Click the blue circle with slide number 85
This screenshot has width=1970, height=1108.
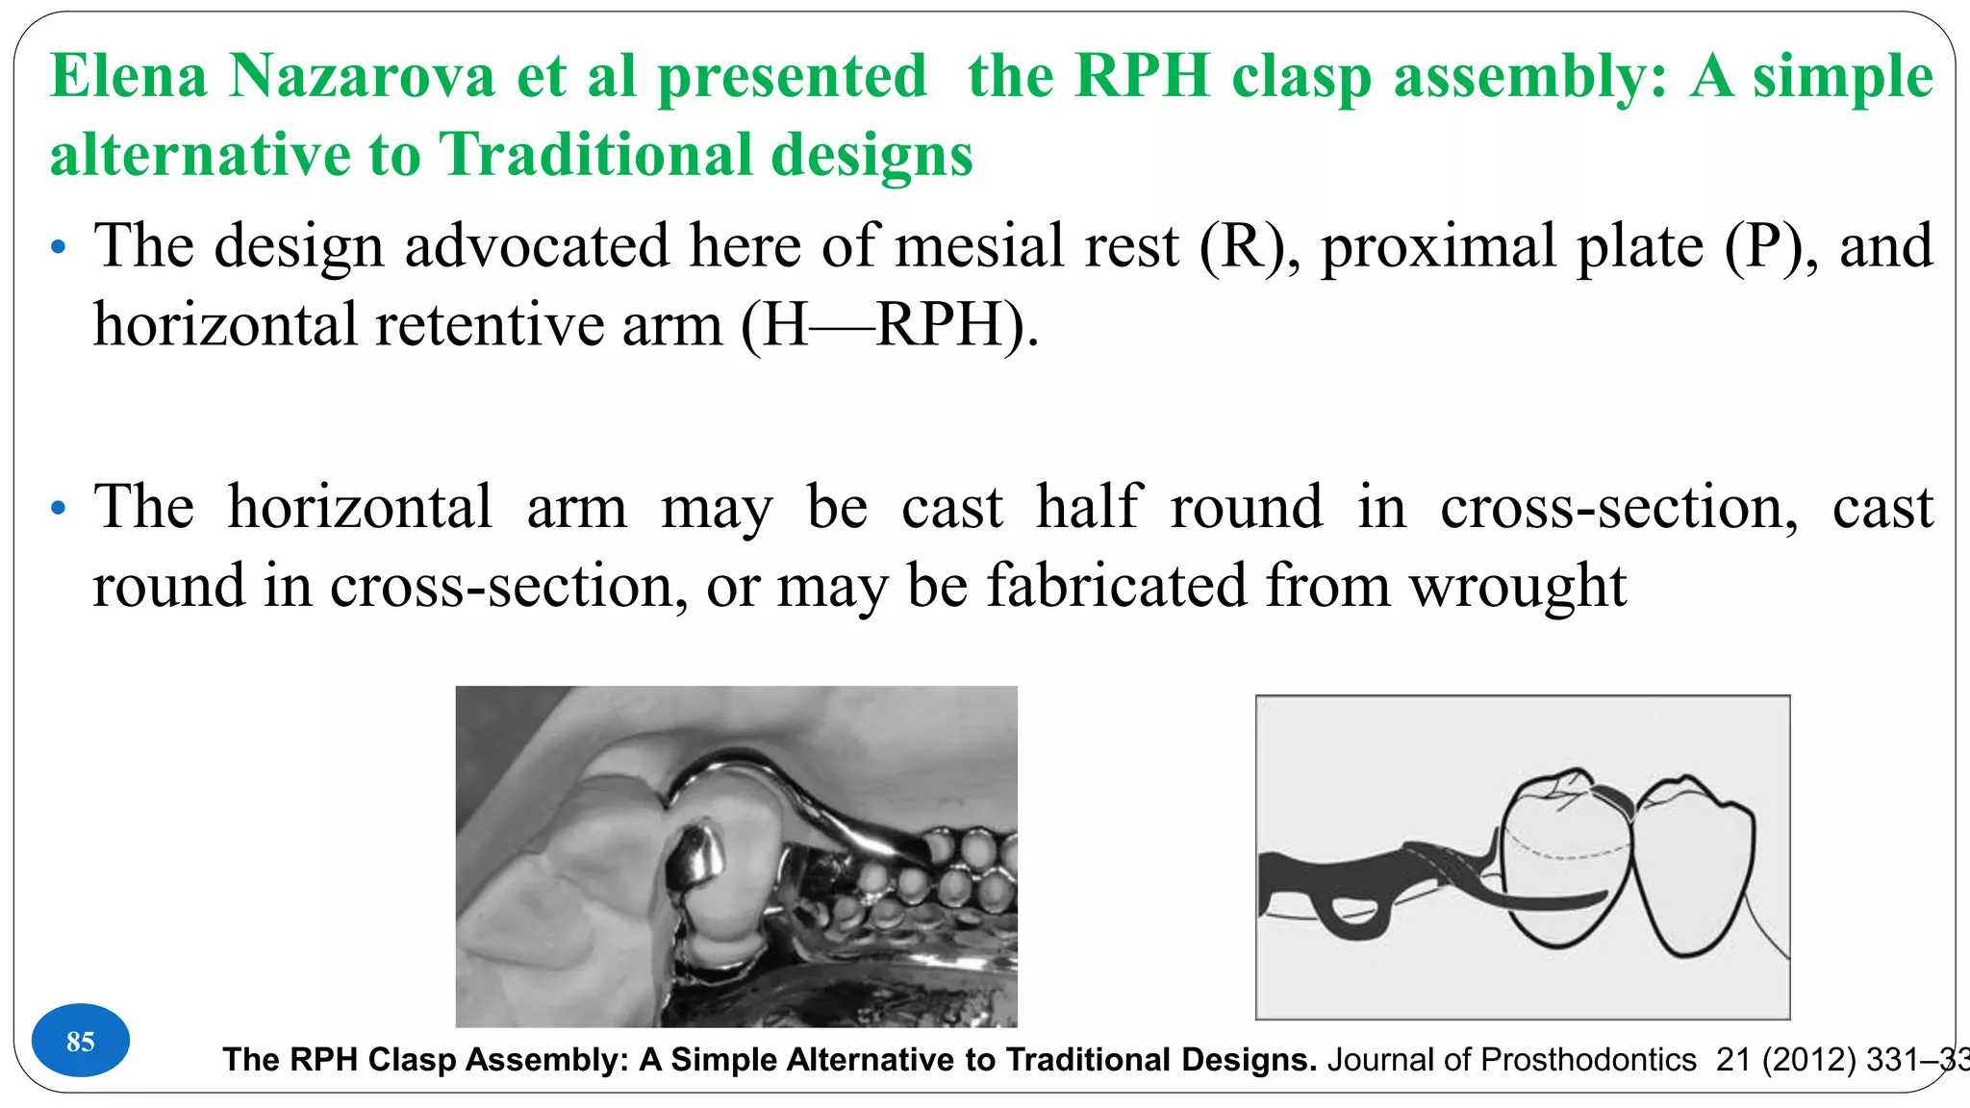click(81, 1041)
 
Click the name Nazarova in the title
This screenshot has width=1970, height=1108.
click(362, 76)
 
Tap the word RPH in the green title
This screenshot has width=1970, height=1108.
click(1142, 76)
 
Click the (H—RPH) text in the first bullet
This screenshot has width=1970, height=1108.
click(891, 325)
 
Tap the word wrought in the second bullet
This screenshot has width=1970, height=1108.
click(1517, 586)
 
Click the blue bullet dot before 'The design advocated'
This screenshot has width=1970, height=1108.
click(59, 247)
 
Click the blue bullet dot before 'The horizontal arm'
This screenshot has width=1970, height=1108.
click(59, 508)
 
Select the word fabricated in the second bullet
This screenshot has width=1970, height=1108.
click(1116, 586)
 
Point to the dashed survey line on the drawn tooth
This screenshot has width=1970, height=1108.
click(1568, 853)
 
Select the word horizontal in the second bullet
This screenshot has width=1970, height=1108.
click(360, 507)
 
